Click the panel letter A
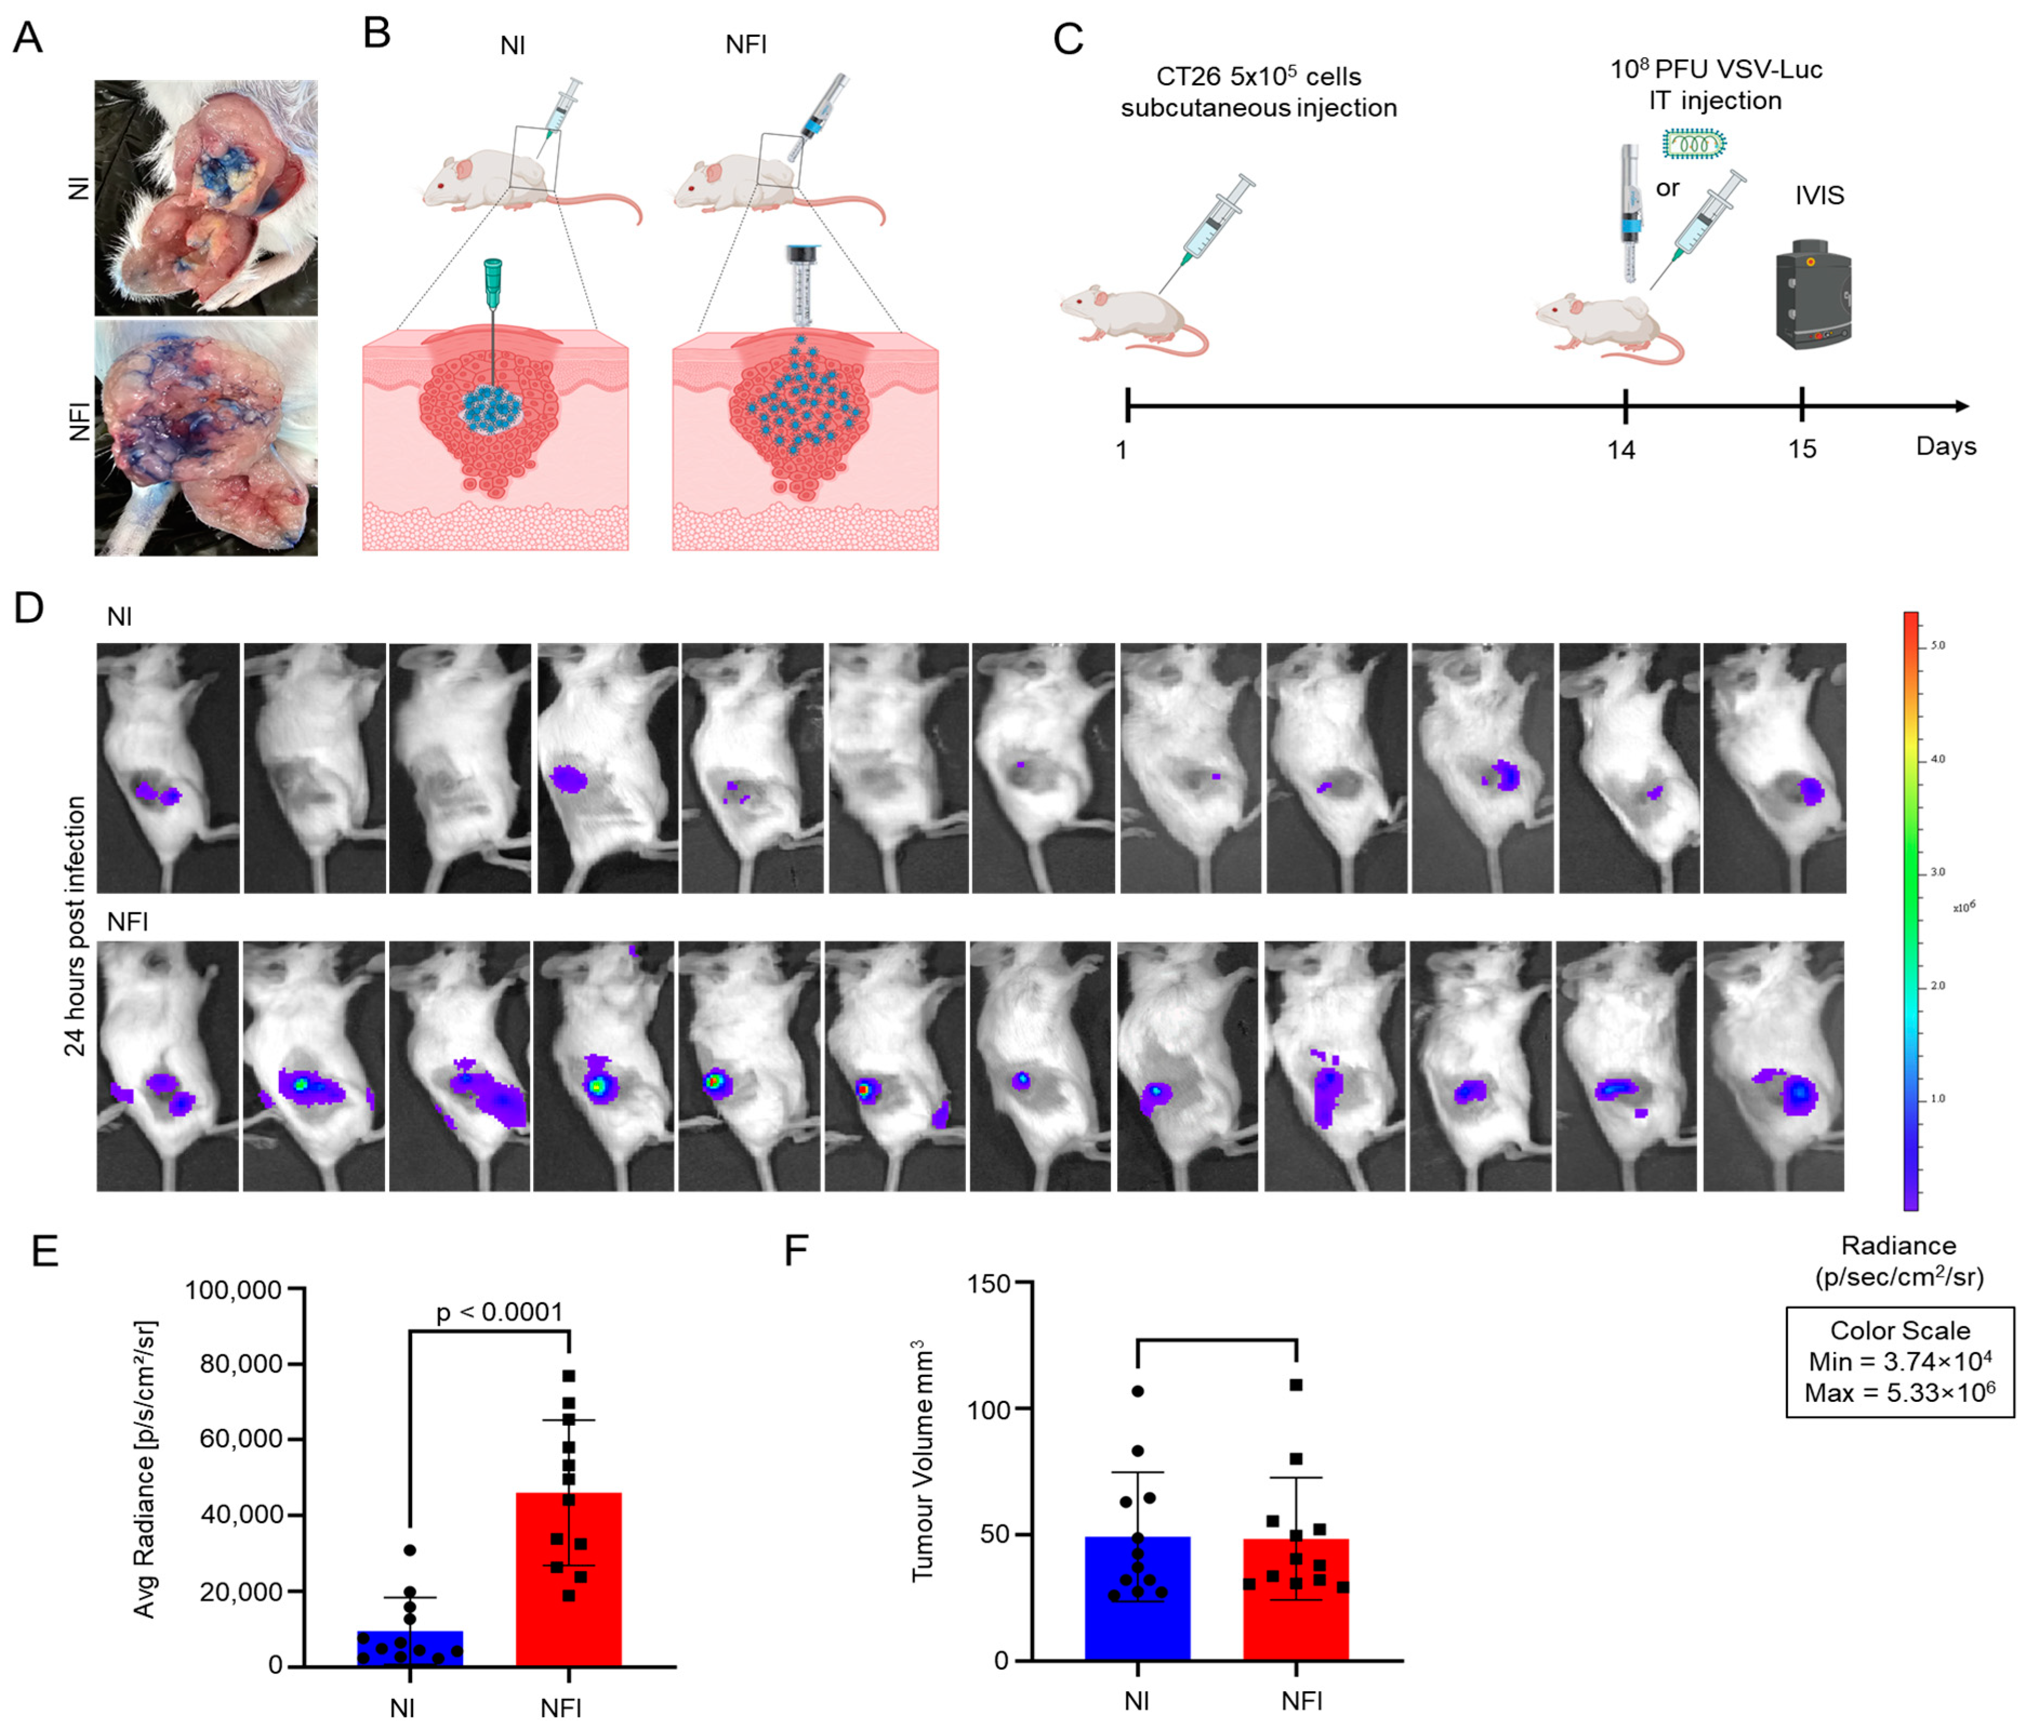coord(28,38)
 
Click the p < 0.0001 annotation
coord(500,1312)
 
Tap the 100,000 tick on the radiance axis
coord(233,1289)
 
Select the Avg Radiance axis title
coord(145,1470)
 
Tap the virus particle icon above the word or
coord(1694,145)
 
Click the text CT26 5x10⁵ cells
coord(1258,76)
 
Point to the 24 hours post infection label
coord(76,926)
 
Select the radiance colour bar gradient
coord(1910,911)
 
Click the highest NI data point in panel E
coord(409,1550)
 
